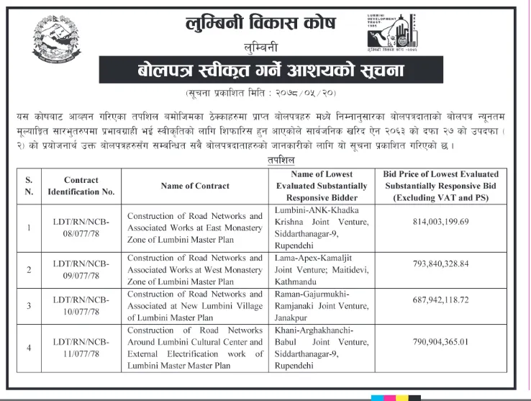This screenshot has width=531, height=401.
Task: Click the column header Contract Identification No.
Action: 81,186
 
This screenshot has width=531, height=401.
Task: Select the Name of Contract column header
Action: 196,186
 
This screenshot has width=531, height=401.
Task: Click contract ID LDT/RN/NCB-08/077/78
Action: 81,228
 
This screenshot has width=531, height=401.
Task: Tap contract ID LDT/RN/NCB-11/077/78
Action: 81,347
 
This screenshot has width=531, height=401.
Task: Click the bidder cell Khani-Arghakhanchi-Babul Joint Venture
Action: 322,347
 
